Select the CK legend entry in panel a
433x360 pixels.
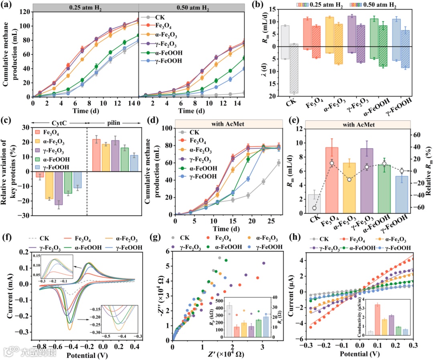(159, 17)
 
